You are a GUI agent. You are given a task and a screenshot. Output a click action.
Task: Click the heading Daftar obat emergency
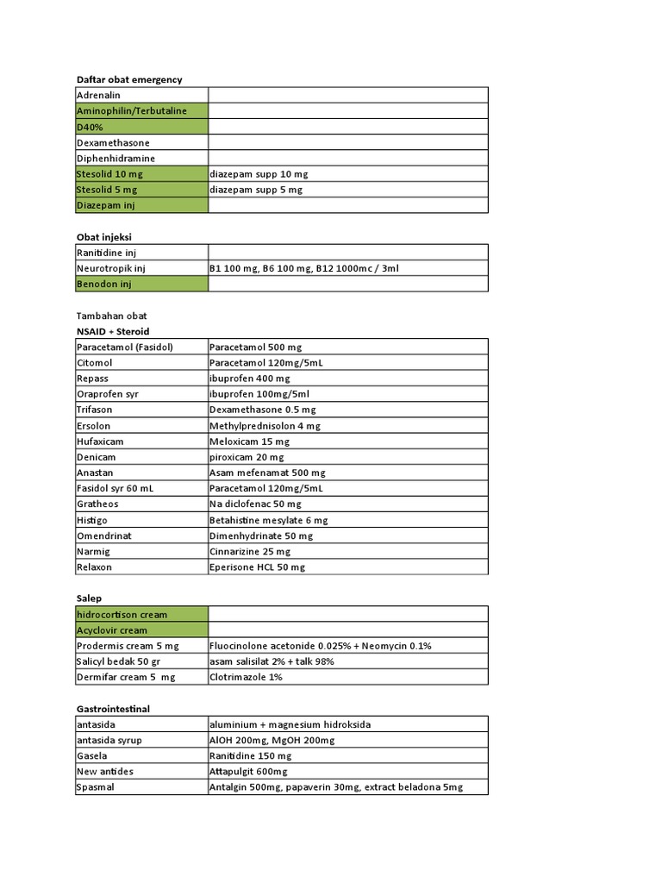[x=129, y=79]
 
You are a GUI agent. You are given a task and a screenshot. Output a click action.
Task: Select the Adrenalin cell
[x=141, y=95]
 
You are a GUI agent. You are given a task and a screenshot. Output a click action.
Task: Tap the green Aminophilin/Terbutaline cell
[x=141, y=110]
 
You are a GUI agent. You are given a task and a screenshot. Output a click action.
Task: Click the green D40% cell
[x=141, y=127]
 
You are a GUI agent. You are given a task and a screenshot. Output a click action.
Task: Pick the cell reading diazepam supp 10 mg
[x=347, y=173]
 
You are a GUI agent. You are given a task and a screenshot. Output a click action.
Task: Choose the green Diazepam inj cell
[x=141, y=205]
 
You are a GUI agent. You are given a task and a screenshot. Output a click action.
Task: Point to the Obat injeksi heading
[x=104, y=236]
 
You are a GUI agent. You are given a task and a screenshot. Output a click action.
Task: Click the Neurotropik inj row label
[x=141, y=268]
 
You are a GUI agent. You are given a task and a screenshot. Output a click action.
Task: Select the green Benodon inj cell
[x=141, y=284]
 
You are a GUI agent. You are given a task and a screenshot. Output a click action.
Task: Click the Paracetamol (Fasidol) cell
[x=141, y=347]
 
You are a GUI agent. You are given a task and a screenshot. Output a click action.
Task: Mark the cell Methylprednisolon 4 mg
[x=347, y=426]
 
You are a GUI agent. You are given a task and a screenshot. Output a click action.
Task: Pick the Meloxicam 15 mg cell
[x=347, y=441]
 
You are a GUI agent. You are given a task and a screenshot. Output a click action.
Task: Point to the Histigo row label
[x=141, y=520]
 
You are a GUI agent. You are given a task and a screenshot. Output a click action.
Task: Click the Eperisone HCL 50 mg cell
[x=347, y=567]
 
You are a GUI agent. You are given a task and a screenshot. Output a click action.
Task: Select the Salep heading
[x=90, y=598]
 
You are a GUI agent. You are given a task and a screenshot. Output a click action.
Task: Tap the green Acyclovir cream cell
[x=141, y=630]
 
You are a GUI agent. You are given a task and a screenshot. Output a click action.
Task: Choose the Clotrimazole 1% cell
[x=347, y=677]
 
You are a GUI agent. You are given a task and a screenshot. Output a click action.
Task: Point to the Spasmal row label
[x=141, y=787]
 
